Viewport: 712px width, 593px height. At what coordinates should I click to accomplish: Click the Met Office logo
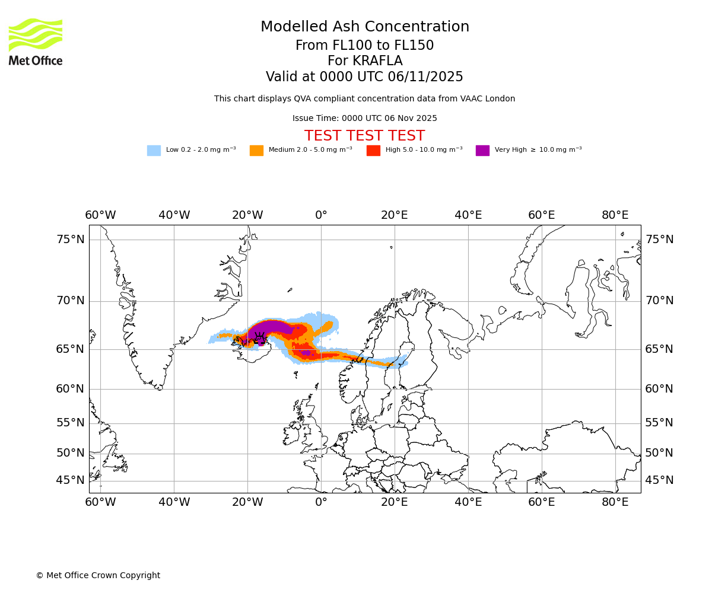[36, 42]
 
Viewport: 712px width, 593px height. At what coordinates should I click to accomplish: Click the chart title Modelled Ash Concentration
[365, 27]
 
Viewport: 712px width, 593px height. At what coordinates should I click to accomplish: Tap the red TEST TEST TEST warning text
[365, 136]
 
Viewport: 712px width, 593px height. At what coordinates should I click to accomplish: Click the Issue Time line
[365, 119]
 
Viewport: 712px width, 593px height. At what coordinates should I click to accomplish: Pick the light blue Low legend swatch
[154, 151]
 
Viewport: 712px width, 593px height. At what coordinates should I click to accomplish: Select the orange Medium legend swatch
[256, 151]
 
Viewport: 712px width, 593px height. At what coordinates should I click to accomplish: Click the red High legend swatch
[373, 151]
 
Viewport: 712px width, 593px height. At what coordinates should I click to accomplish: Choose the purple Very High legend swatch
[482, 151]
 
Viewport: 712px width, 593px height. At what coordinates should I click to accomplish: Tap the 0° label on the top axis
[321, 215]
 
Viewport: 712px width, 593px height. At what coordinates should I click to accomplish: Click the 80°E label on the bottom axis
[615, 502]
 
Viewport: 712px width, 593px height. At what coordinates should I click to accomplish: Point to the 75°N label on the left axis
[71, 240]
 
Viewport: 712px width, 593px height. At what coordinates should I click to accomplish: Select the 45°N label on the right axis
[659, 480]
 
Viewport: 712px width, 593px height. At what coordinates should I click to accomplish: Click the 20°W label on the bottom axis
[247, 502]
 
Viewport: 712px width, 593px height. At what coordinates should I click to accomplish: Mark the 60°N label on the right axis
[659, 389]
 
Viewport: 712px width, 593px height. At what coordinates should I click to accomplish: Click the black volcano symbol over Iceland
[260, 337]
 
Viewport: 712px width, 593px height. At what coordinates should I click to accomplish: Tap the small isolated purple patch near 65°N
[306, 353]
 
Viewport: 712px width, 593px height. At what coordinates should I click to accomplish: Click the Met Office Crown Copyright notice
[98, 576]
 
